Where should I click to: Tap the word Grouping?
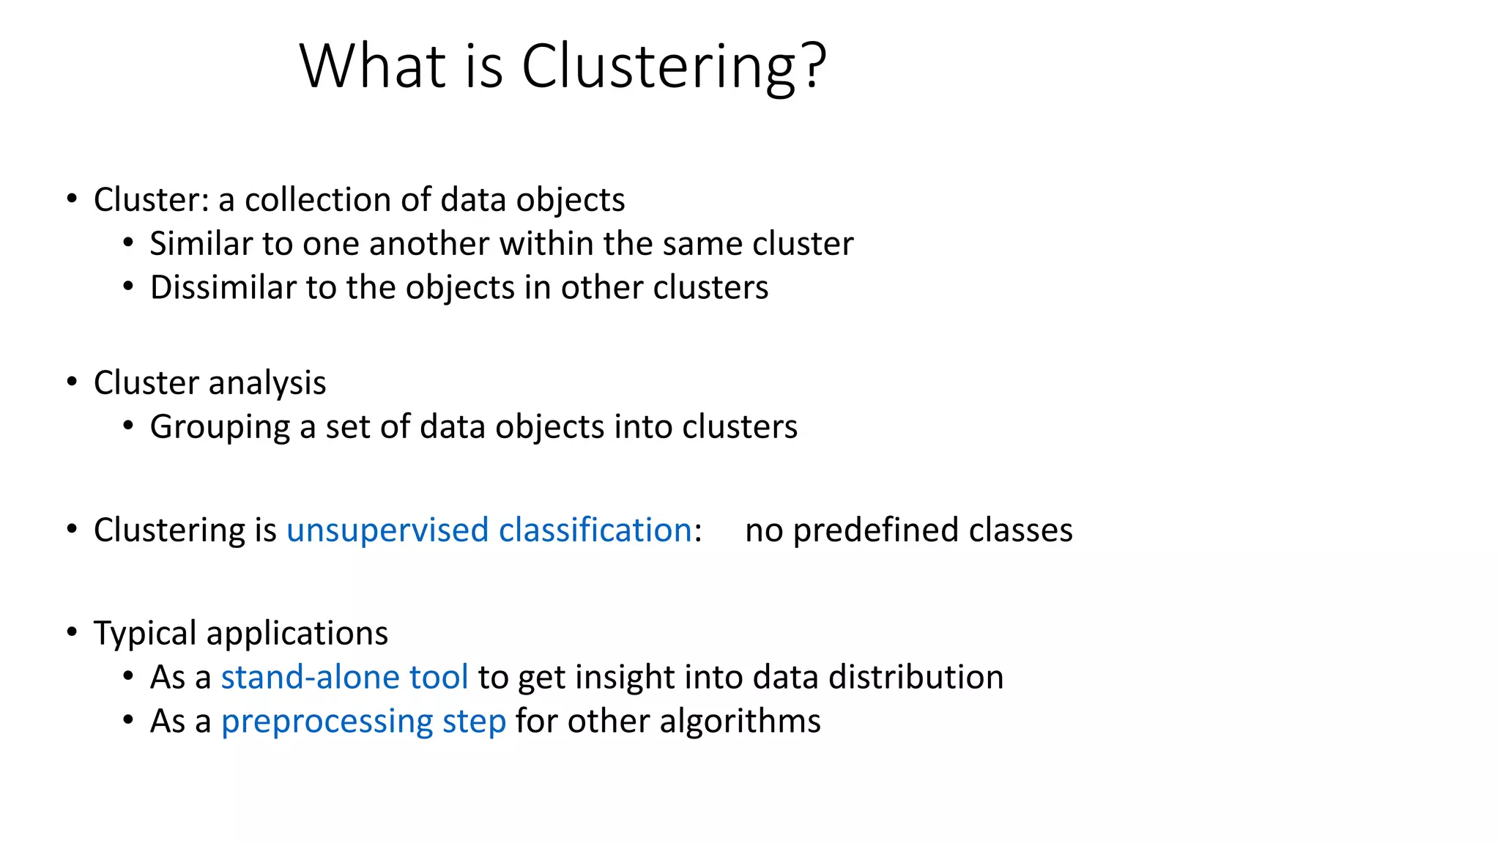[220, 428]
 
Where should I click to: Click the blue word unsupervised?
[387, 530]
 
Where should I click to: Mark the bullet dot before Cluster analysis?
[72, 382]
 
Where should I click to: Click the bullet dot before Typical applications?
[72, 632]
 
